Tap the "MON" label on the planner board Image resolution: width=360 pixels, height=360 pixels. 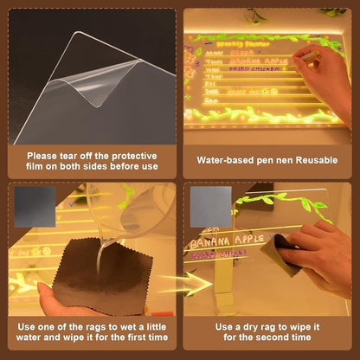[x=209, y=53]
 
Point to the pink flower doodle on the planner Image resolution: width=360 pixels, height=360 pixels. [x=191, y=69]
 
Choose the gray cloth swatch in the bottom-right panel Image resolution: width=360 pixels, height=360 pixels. [x=210, y=207]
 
